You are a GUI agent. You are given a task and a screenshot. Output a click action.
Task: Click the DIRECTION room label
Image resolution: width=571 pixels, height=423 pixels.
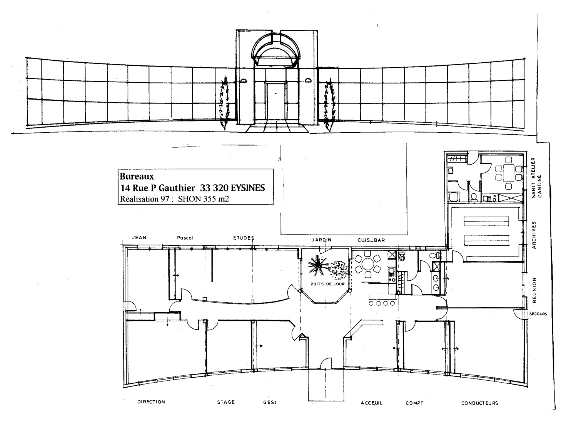pos(151,401)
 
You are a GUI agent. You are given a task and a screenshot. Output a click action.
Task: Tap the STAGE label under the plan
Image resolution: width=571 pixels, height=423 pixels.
pos(226,402)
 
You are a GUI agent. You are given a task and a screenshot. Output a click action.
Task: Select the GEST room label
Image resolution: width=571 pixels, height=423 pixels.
pos(270,402)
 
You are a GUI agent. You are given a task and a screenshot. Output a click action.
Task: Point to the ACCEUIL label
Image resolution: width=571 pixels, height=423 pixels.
pos(371,403)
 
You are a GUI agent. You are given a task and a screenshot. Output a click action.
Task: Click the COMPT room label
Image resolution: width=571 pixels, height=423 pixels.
pos(414,403)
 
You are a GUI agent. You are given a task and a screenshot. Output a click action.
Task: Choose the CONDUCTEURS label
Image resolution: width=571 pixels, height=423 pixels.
pos(479,403)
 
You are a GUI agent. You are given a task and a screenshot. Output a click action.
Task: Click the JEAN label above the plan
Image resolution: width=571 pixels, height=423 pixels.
pos(139,238)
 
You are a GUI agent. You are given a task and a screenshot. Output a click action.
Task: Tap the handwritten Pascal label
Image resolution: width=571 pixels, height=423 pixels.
pos(185,238)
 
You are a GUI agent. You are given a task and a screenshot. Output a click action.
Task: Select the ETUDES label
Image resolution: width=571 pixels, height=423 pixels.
pos(244,238)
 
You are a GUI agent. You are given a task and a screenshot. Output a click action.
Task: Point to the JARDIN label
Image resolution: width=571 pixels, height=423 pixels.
pos(322,240)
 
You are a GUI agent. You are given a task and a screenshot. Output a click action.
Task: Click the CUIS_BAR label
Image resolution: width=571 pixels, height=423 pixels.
pos(371,240)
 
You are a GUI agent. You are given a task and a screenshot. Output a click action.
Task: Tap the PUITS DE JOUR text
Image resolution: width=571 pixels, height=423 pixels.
pos(327,284)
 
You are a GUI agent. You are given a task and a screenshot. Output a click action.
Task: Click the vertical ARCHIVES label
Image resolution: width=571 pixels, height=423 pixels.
pos(534,235)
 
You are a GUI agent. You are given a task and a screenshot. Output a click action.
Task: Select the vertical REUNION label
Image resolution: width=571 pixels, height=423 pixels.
pos(534,290)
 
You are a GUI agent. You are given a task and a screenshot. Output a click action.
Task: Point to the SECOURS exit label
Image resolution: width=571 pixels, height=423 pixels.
pos(538,314)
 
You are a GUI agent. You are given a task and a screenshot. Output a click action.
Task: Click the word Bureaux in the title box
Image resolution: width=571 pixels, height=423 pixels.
pos(137,176)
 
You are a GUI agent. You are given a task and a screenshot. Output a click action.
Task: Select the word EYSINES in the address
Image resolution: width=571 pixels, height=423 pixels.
pos(248,188)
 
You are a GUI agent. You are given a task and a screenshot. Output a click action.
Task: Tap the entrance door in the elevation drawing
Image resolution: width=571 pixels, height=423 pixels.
pos(276,101)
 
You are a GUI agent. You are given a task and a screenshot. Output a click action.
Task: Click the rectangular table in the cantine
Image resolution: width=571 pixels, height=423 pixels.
pos(509,173)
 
